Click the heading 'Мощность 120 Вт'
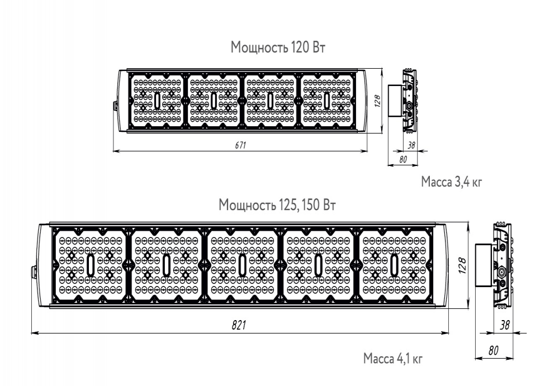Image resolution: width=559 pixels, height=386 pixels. point(278,47)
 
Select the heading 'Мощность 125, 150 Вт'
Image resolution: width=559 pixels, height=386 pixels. point(277,206)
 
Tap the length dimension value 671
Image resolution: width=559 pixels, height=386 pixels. point(240,145)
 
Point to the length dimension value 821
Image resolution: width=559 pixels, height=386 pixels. point(239,325)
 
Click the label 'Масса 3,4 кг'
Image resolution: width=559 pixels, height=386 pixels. point(451,182)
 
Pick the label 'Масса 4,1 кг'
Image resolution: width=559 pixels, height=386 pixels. point(393,358)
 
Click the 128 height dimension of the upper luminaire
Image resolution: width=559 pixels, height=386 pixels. point(378,101)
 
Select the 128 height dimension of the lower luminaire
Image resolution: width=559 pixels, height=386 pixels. point(462,265)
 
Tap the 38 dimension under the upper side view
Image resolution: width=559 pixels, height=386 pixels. point(411,145)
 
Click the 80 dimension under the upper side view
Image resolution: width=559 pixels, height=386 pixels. point(403,159)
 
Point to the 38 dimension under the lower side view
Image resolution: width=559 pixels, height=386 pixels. point(505,325)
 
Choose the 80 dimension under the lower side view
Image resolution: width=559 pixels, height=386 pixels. point(494,351)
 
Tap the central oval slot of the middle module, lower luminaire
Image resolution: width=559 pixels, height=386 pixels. point(243,265)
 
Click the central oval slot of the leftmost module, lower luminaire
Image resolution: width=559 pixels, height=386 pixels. point(91,265)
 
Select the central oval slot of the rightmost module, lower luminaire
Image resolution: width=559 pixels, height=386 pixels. point(394,265)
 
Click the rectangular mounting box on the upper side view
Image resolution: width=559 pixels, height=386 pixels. point(395,101)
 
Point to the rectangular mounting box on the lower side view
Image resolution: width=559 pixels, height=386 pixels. point(484,265)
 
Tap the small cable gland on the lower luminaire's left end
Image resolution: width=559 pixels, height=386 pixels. point(34,271)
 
